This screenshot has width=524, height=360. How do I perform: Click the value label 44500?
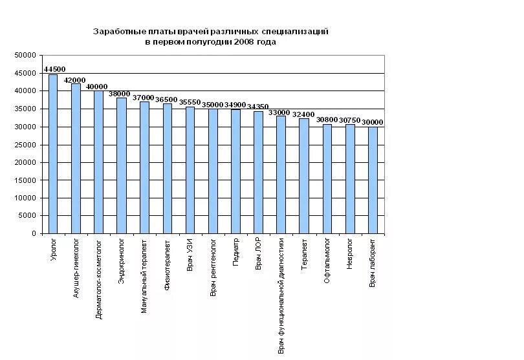(54, 69)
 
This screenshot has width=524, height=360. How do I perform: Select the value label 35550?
(190, 102)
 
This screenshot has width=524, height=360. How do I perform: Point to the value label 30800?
(327, 120)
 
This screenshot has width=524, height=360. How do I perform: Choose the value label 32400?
(303, 114)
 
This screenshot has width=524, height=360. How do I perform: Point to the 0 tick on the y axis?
(34, 234)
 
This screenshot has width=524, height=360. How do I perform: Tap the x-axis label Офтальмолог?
(327, 258)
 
